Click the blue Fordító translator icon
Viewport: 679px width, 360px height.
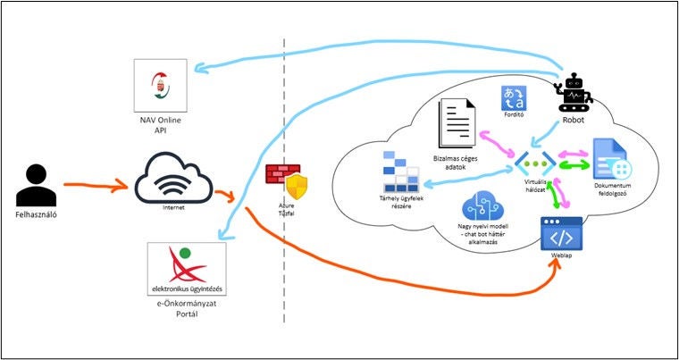pyautogui.click(x=513, y=99)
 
